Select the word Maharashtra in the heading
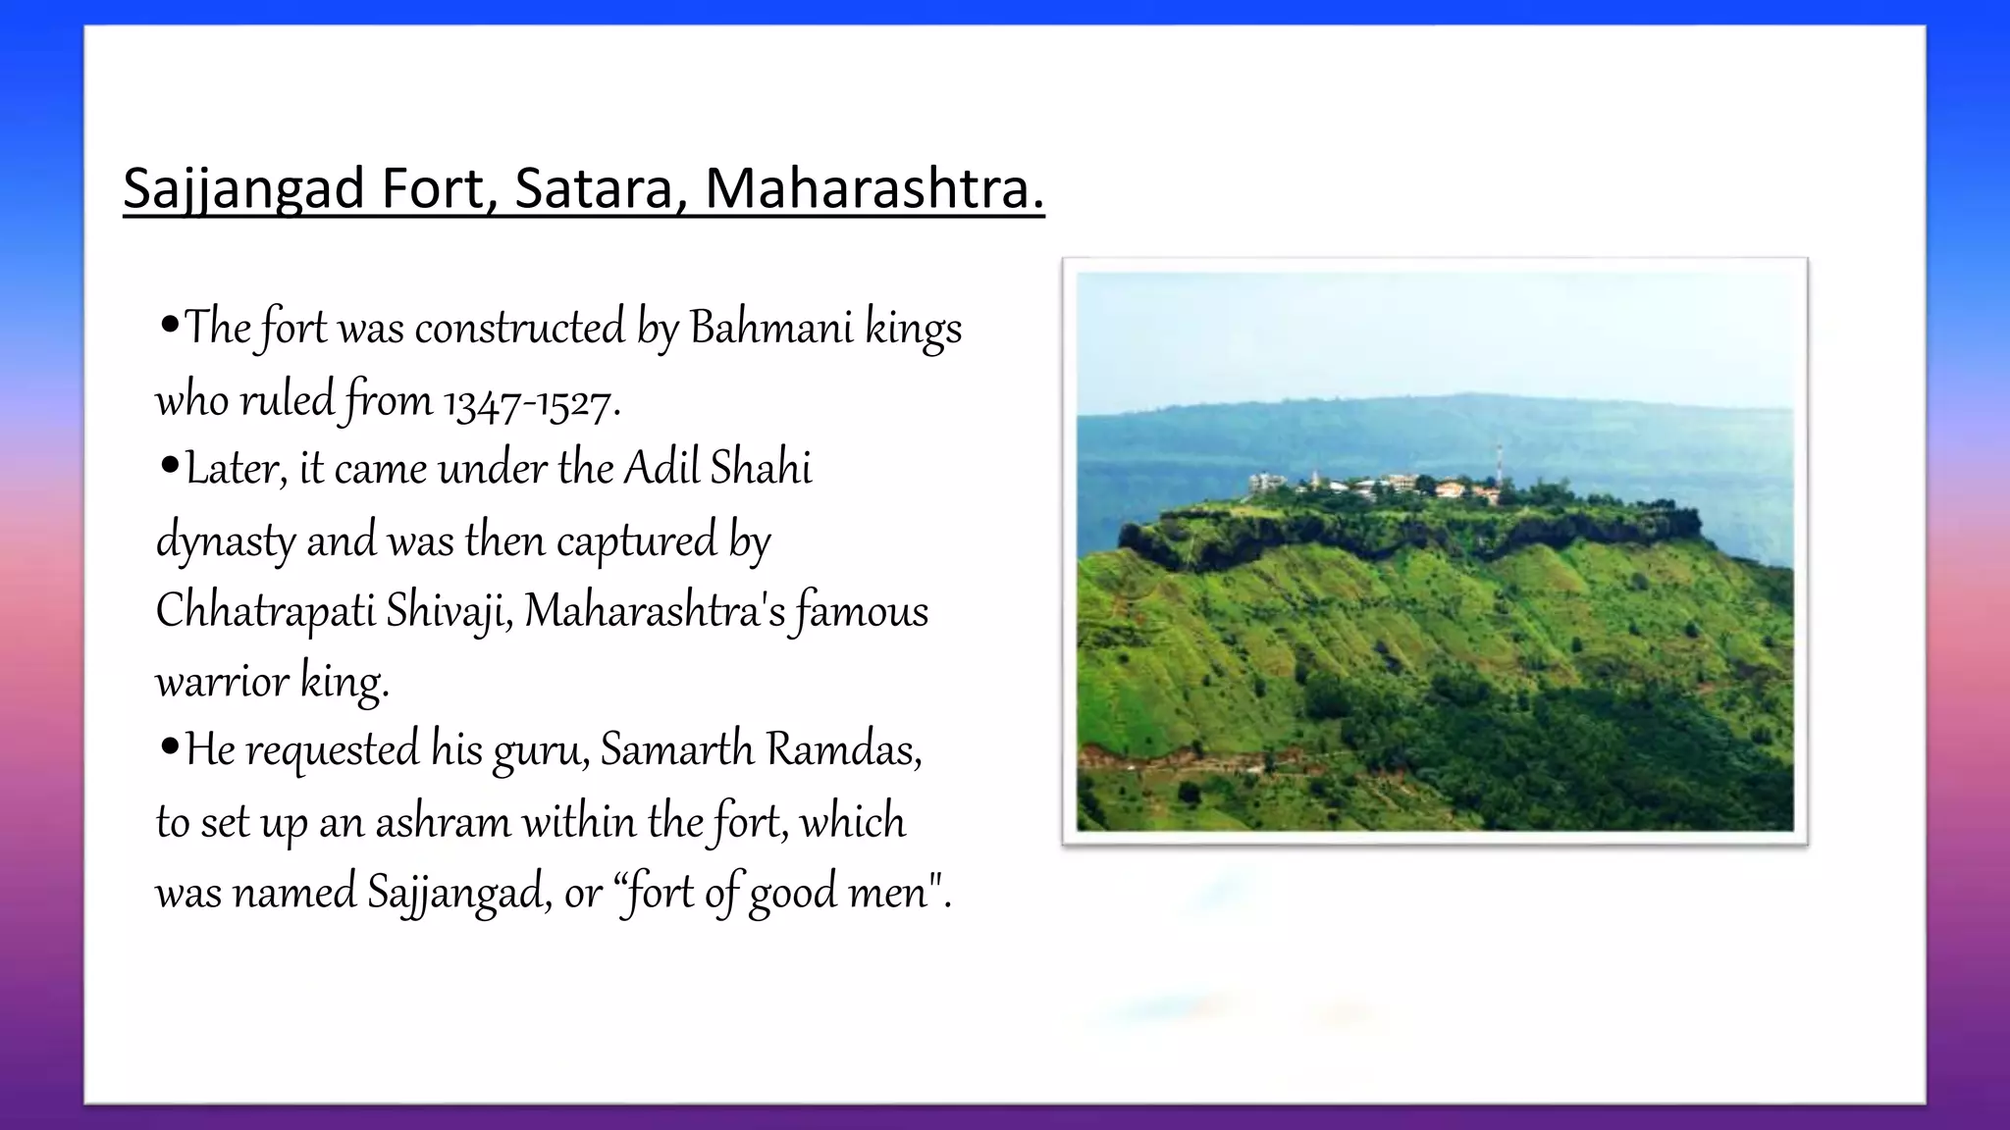873,188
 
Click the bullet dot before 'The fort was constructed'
169,325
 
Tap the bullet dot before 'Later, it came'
169,466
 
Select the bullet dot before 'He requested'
169,748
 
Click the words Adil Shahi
717,469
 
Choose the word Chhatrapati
265,611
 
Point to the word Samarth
676,750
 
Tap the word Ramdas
843,750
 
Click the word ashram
443,822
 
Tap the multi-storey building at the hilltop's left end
1266,483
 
